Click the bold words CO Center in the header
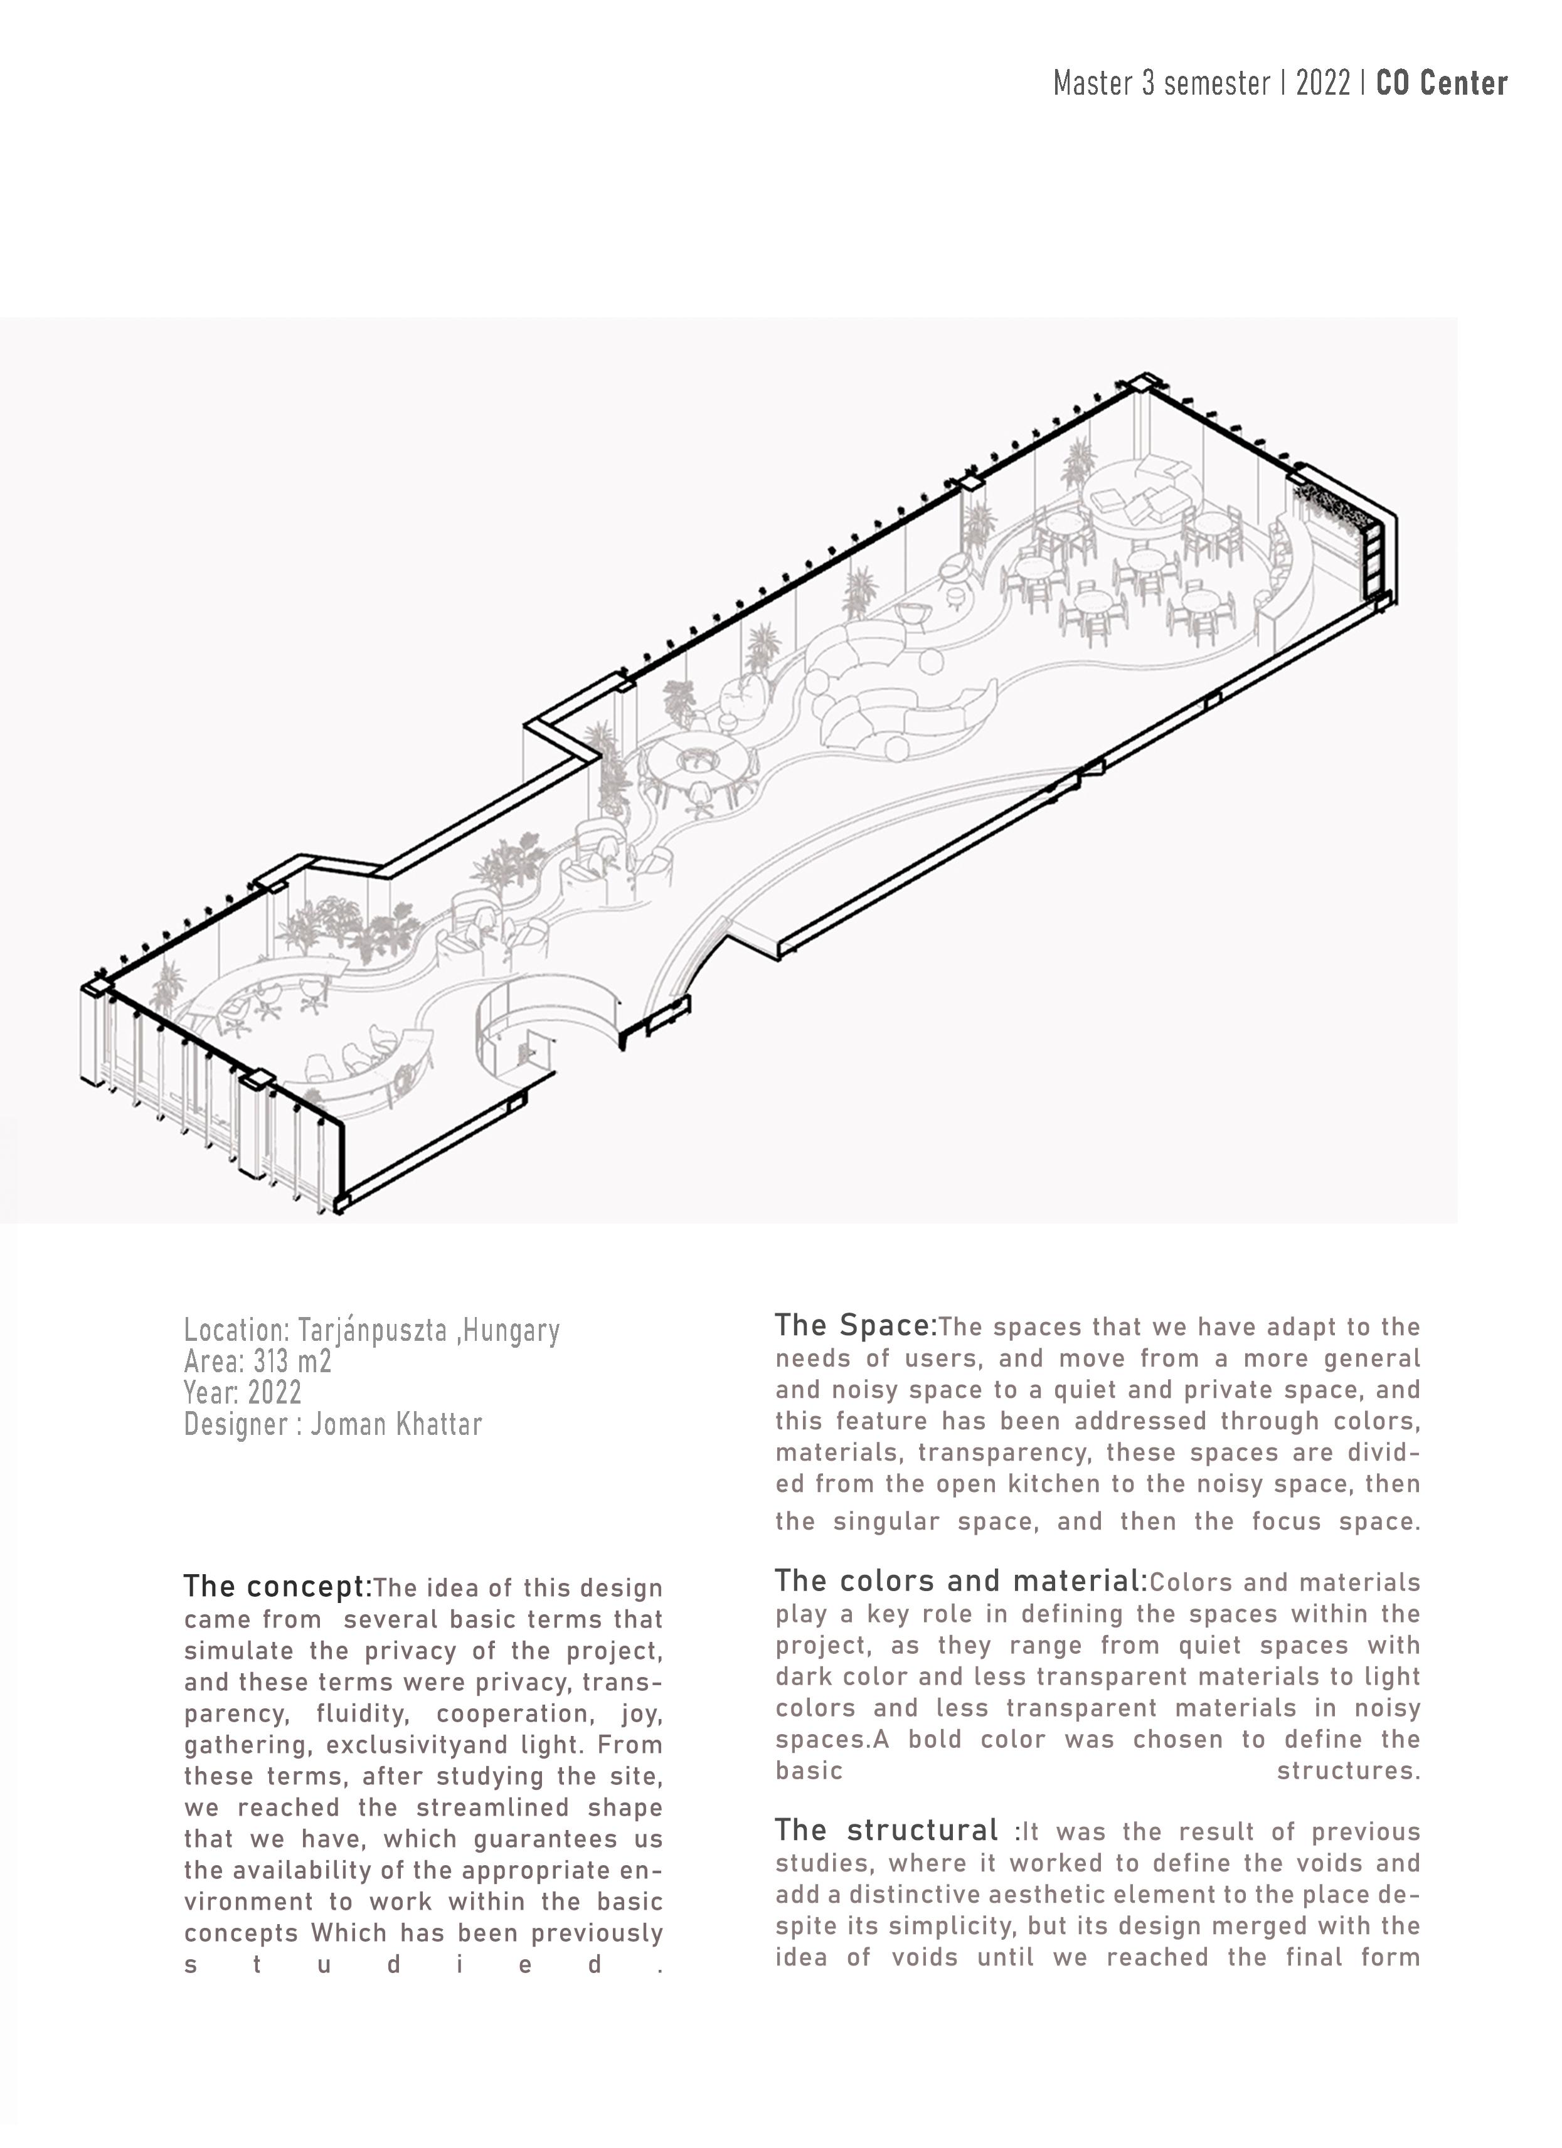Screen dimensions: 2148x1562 click(x=1441, y=84)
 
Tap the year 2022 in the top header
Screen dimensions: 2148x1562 click(x=1322, y=84)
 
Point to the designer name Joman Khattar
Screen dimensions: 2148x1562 click(x=396, y=1424)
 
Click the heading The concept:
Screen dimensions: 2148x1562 click(x=277, y=1586)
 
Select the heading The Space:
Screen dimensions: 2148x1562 click(x=856, y=1326)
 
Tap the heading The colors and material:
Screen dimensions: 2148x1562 click(x=960, y=1580)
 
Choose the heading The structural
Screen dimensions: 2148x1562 click(x=886, y=1830)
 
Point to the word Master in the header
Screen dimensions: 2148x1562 click(x=1093, y=84)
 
